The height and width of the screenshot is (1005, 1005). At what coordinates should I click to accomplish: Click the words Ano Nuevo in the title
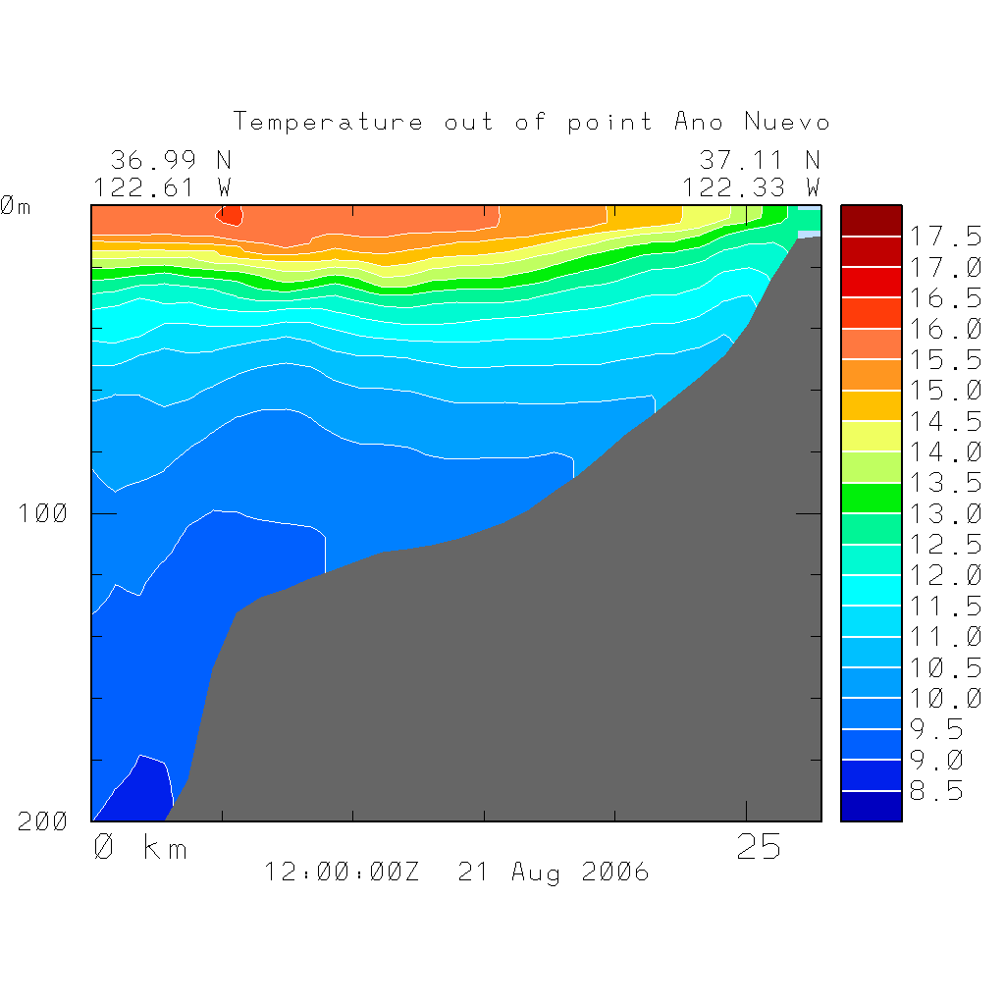pyautogui.click(x=752, y=123)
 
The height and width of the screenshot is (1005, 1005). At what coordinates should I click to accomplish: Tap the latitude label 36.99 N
pyautogui.click(x=171, y=160)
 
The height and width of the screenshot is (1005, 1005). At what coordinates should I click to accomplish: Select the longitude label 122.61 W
pyautogui.click(x=162, y=186)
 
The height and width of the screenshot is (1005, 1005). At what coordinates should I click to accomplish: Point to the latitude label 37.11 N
pyautogui.click(x=760, y=160)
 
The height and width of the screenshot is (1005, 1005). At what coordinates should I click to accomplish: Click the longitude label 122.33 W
pyautogui.click(x=751, y=186)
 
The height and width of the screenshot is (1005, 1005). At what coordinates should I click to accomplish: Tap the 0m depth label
pyautogui.click(x=16, y=206)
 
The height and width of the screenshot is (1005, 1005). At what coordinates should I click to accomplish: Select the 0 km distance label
pyautogui.click(x=140, y=847)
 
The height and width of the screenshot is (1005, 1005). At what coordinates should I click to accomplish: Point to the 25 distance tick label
pyautogui.click(x=759, y=847)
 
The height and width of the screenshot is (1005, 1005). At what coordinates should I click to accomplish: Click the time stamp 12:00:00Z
pyautogui.click(x=342, y=872)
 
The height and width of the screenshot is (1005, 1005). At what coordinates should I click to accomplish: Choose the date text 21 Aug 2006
pyautogui.click(x=554, y=872)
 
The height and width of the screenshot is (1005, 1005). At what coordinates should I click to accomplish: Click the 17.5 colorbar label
pyautogui.click(x=944, y=237)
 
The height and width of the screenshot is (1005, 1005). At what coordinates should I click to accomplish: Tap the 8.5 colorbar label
pyautogui.click(x=944, y=791)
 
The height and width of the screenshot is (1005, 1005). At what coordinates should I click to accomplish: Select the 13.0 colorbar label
pyautogui.click(x=944, y=514)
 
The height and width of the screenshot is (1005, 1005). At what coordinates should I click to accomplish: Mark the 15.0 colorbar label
pyautogui.click(x=944, y=391)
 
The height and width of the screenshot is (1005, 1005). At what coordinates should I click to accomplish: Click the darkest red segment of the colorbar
pyautogui.click(x=871, y=221)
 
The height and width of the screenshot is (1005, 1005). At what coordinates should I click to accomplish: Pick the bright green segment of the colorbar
pyautogui.click(x=871, y=499)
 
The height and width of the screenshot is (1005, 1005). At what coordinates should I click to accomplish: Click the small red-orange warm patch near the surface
pyautogui.click(x=229, y=216)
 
